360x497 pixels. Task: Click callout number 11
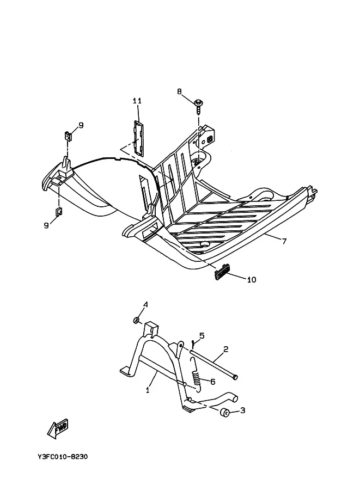pyautogui.click(x=137, y=101)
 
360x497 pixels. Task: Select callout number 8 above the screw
pyautogui.click(x=180, y=91)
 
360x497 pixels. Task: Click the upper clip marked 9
pyautogui.click(x=68, y=136)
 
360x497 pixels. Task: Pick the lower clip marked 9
pyautogui.click(x=59, y=211)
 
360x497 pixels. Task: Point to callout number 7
pyautogui.click(x=284, y=242)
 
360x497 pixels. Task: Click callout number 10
pyautogui.click(x=252, y=280)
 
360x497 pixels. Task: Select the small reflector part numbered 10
pyautogui.click(x=223, y=272)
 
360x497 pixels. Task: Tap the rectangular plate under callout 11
pyautogui.click(x=138, y=138)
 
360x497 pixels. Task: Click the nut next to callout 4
pyautogui.click(x=136, y=320)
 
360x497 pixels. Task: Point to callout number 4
pyautogui.click(x=145, y=305)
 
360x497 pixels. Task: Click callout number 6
pyautogui.click(x=213, y=382)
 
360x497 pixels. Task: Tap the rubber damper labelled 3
pyautogui.click(x=225, y=413)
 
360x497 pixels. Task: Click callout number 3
pyautogui.click(x=243, y=410)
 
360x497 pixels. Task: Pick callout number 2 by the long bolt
pyautogui.click(x=225, y=349)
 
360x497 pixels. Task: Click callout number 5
pyautogui.click(x=202, y=336)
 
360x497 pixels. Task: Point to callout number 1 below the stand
pyautogui.click(x=148, y=390)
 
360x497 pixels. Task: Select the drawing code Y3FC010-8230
pyautogui.click(x=63, y=457)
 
